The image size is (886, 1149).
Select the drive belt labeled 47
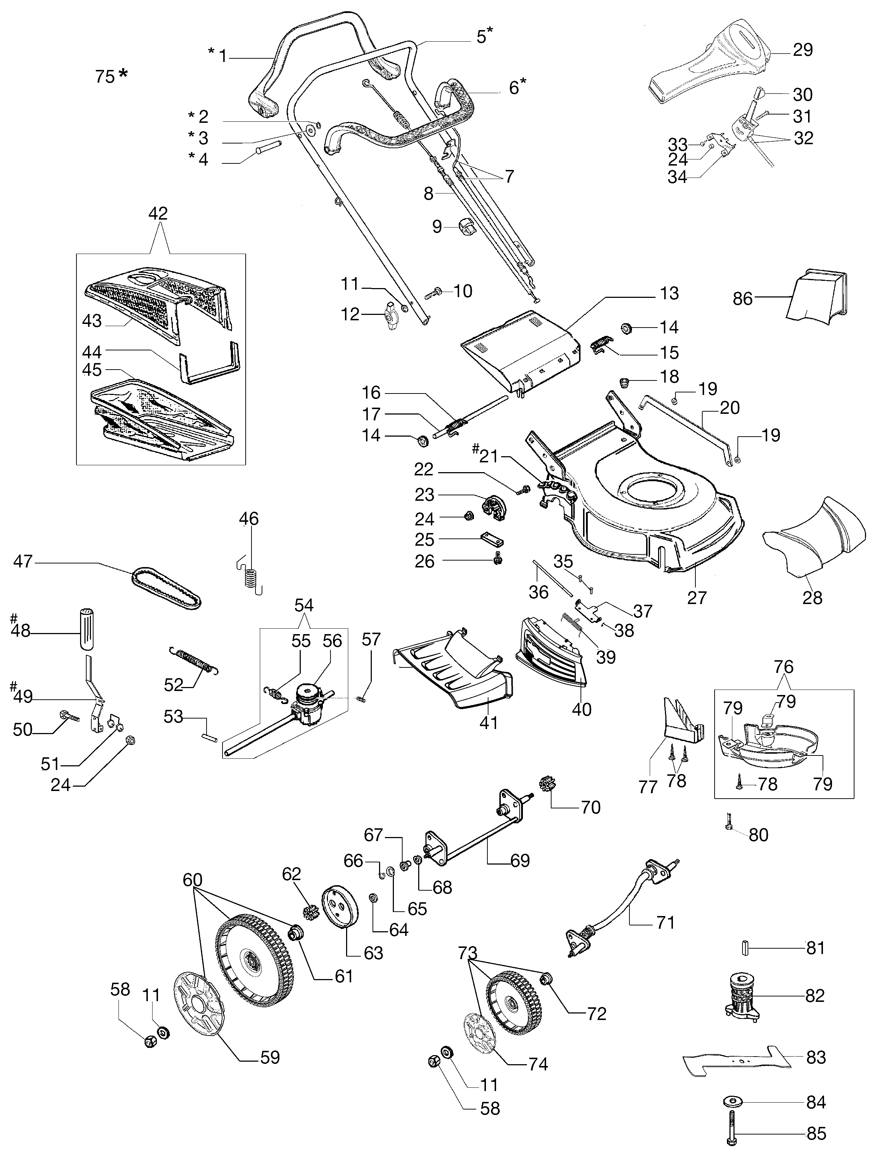coord(166,588)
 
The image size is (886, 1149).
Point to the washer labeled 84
coord(732,1102)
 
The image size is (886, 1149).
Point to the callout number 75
coord(105,77)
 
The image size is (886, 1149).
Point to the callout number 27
coord(696,598)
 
